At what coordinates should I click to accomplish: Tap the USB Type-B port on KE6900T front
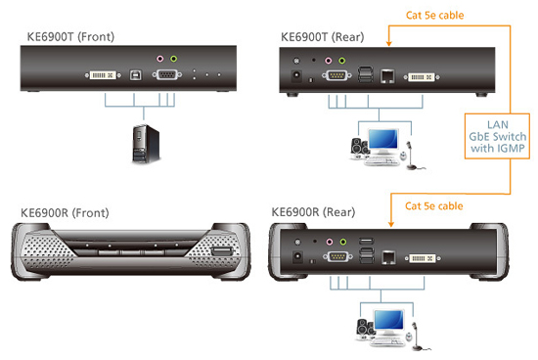pos(135,75)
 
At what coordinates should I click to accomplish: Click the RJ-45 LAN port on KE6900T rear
pos(388,74)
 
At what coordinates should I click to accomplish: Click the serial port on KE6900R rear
pos(336,258)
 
